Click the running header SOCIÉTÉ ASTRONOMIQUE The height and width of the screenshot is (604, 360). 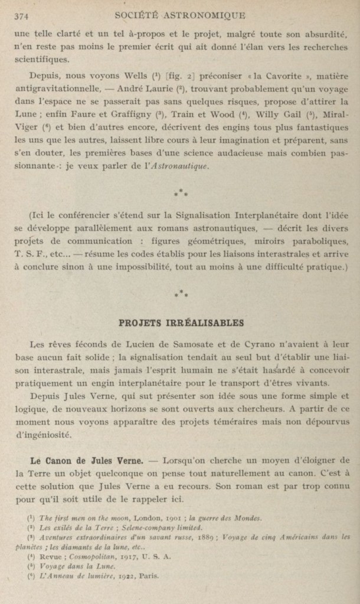(181, 15)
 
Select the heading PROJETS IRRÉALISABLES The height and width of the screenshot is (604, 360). (181, 323)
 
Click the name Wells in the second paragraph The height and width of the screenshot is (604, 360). (136, 76)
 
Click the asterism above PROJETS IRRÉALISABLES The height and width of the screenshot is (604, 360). (181, 293)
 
